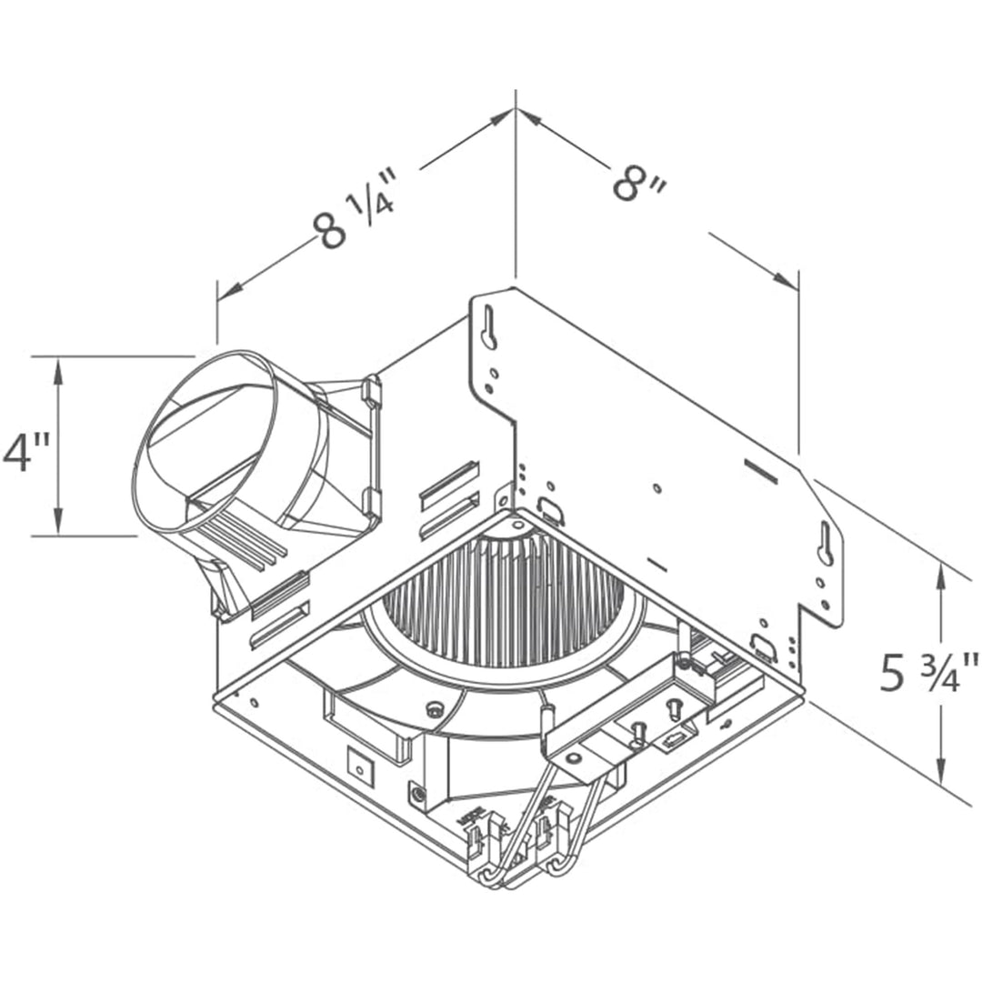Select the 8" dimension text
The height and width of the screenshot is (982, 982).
(639, 183)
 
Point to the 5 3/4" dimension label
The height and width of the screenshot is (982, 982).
(928, 673)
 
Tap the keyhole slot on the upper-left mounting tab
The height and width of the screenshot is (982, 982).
(489, 326)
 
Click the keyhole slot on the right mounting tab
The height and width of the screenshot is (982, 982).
(826, 545)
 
